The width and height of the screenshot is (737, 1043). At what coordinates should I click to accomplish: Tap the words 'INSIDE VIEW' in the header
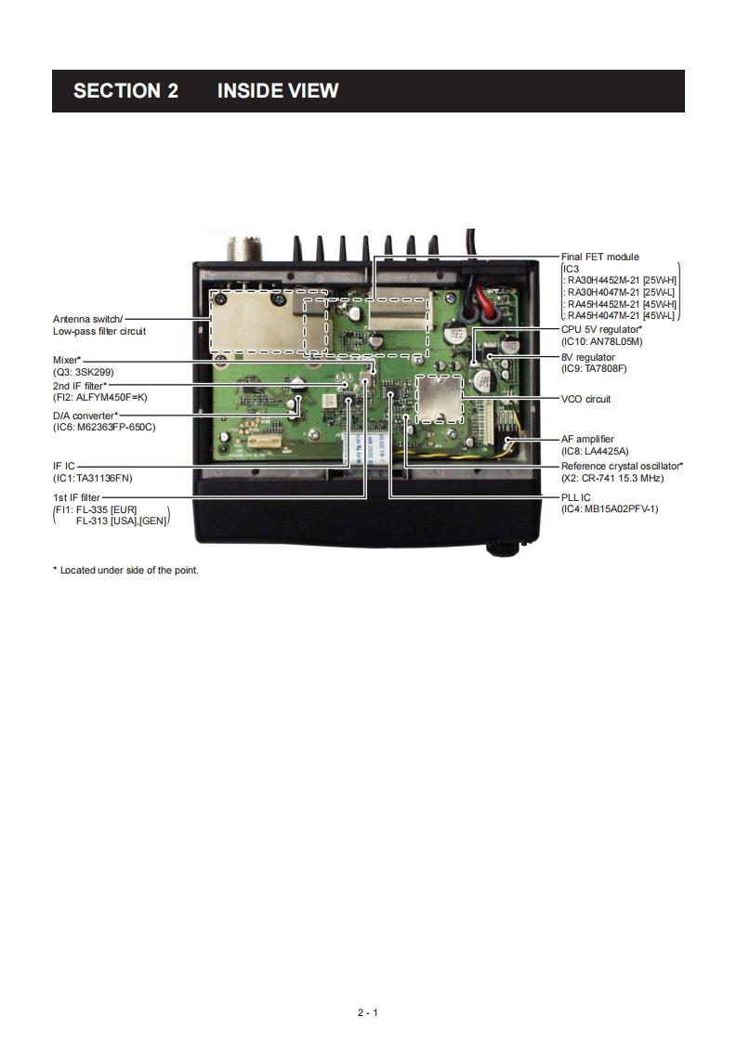[x=278, y=91]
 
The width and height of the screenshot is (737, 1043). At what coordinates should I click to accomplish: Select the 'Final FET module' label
[x=600, y=257]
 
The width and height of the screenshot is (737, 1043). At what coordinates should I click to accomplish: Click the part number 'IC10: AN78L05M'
[x=602, y=341]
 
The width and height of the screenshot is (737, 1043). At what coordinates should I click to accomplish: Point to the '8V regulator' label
[x=588, y=358]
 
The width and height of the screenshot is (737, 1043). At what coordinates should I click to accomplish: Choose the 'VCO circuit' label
[x=586, y=399]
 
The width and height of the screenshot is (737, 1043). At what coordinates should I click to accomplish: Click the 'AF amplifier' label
[x=587, y=439]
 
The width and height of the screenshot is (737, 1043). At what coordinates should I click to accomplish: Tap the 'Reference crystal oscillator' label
[x=622, y=466]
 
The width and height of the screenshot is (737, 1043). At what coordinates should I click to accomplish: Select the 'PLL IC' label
[x=576, y=497]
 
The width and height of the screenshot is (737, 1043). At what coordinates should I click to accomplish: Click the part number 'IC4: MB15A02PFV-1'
[x=610, y=508]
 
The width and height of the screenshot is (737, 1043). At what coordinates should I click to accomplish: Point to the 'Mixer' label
[x=67, y=359]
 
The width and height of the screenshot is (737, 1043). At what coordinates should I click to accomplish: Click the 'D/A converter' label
[x=85, y=416]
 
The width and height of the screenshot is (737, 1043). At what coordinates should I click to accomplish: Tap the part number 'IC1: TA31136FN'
[x=93, y=478]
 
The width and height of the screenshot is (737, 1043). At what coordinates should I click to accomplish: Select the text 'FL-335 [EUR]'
[x=107, y=509]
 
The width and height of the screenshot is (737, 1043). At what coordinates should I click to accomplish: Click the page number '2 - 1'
[x=368, y=1012]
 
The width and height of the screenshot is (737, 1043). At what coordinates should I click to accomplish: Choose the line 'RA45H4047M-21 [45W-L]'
[x=621, y=316]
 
